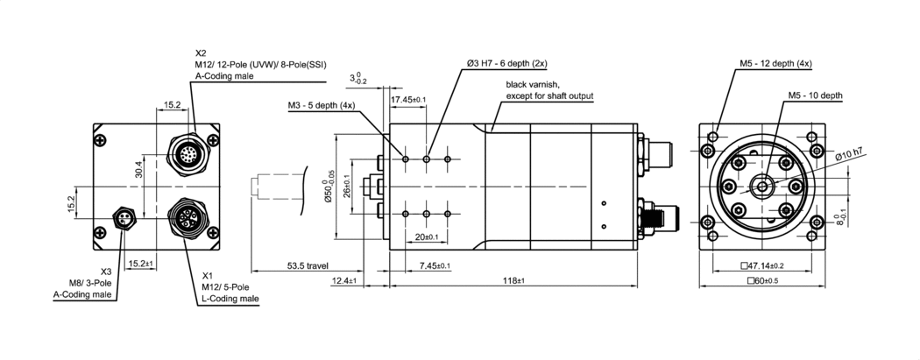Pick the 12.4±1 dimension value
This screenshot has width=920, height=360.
click(344, 280)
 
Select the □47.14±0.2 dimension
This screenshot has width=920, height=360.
click(761, 265)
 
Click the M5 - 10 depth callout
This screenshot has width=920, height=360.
click(815, 95)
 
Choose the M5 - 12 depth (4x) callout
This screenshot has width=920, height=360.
click(775, 64)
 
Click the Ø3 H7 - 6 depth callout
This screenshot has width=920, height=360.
click(506, 64)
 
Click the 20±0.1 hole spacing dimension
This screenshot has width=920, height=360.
click(427, 237)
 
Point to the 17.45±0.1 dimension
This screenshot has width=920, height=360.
click(408, 101)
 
